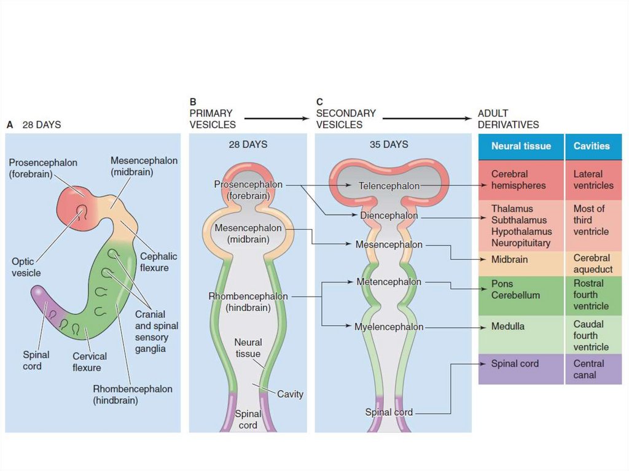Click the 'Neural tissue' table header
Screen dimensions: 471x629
[x=521, y=146]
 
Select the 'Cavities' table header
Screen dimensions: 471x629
[x=592, y=146]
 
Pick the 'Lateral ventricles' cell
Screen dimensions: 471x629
[x=593, y=180]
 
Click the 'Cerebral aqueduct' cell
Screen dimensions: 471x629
[x=593, y=263]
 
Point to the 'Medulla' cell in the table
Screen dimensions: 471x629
[x=508, y=326]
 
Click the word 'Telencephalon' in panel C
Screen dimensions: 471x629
[x=389, y=185]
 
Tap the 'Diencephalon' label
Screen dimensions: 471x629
[x=389, y=216]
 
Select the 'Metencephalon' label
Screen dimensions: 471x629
[x=389, y=282]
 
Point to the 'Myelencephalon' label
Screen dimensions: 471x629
[x=389, y=327]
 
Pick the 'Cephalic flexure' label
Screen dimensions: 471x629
[x=158, y=262]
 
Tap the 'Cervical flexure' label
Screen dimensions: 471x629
[x=90, y=362]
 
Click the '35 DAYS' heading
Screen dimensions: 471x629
[x=388, y=145]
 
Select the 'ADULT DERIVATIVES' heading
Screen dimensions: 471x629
[x=508, y=119]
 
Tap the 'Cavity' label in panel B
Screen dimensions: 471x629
[x=290, y=394]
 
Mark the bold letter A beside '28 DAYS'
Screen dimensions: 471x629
[x=10, y=125]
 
